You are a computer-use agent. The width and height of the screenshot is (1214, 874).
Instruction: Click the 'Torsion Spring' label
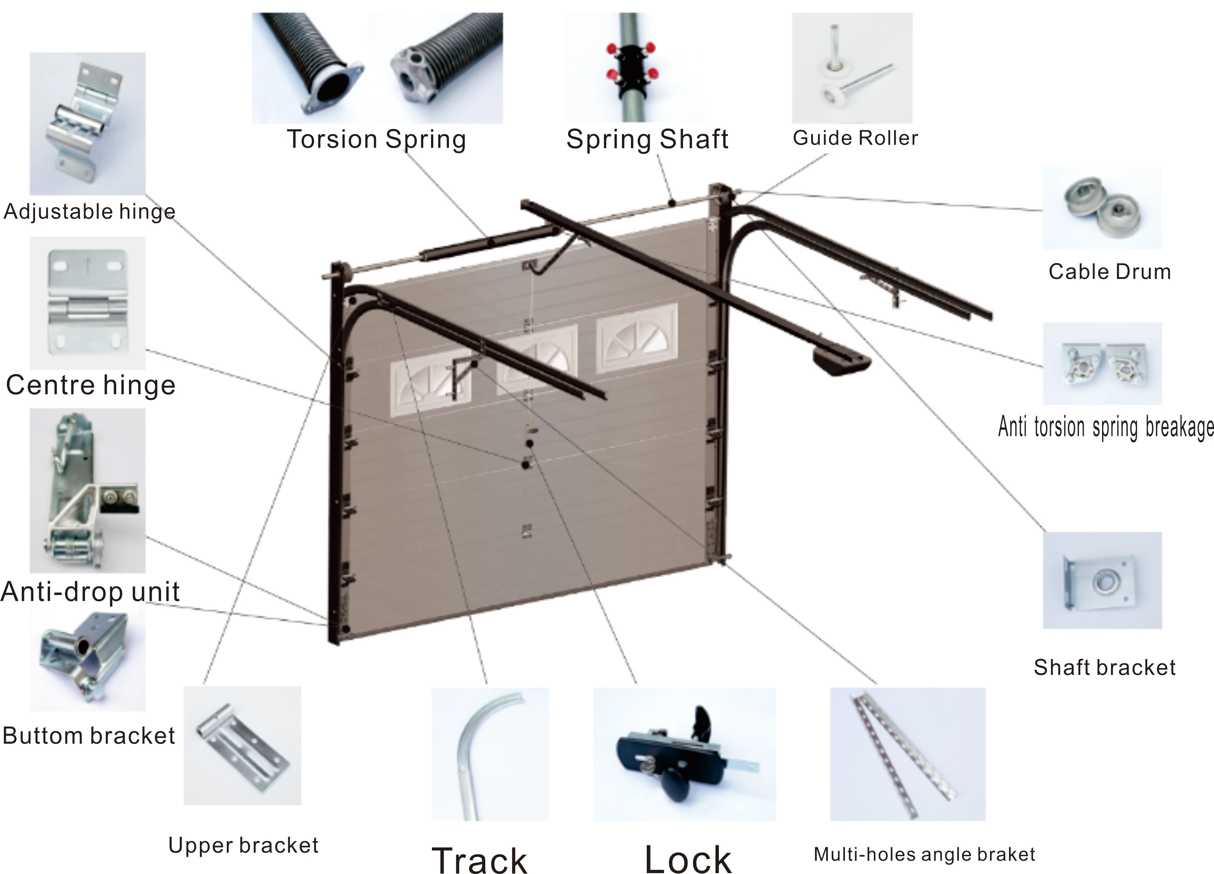pos(376,139)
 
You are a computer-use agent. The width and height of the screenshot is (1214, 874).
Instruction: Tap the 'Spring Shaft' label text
pos(647,139)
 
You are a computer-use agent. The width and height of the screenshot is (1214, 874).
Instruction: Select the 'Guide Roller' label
pos(855,138)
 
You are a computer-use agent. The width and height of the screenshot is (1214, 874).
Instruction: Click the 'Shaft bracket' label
pos(1104,667)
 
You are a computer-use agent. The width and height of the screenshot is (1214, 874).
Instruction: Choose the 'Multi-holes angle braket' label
pos(924,854)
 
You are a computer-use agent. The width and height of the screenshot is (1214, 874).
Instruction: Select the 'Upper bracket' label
pos(243,845)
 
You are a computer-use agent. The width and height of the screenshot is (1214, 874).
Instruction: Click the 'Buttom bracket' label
pos(89,735)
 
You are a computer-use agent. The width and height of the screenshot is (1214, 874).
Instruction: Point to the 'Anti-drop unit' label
pos(90,591)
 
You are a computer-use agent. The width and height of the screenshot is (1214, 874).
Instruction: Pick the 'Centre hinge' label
pos(91,385)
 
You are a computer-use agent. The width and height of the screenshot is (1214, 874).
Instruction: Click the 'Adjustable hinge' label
pos(89,211)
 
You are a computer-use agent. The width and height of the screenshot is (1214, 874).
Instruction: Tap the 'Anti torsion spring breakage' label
pos(1106,427)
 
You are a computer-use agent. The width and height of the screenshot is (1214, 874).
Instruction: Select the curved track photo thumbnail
pos(490,754)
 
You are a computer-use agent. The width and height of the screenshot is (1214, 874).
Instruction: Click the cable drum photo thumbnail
pos(1102,208)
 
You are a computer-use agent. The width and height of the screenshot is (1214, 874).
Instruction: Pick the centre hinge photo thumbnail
pos(87,303)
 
